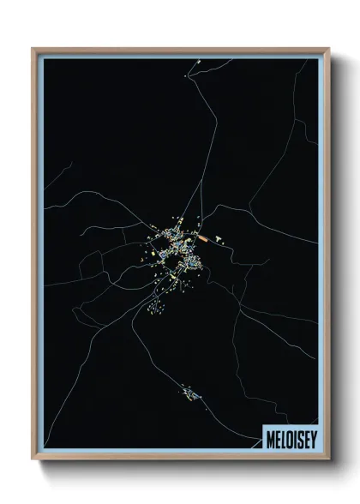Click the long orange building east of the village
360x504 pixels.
coord(204,235)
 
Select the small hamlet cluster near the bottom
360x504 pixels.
coord(190,394)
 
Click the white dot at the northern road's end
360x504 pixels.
coord(184,76)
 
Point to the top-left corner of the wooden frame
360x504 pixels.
coord(33,49)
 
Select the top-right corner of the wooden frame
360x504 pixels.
coord(328,49)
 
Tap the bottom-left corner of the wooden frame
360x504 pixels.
coord(33,459)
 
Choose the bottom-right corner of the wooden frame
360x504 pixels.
coord(328,459)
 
